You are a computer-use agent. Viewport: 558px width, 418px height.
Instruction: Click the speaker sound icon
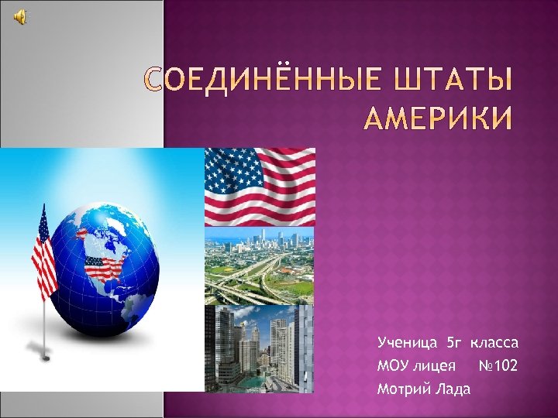pyautogui.click(x=21, y=18)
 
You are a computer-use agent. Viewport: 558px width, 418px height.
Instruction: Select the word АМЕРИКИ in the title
pyautogui.click(x=438, y=120)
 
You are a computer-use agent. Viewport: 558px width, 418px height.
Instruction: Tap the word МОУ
pyautogui.click(x=392, y=365)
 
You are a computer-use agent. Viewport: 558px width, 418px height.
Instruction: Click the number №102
pyautogui.click(x=498, y=365)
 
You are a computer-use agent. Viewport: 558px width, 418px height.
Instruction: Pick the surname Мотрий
pyautogui.click(x=401, y=389)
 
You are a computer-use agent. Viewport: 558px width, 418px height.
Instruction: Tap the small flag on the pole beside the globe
pyautogui.click(x=43, y=252)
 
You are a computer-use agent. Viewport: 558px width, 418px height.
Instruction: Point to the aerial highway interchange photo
pyautogui.click(x=259, y=266)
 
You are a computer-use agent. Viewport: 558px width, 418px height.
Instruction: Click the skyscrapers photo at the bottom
pyautogui.click(x=259, y=348)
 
